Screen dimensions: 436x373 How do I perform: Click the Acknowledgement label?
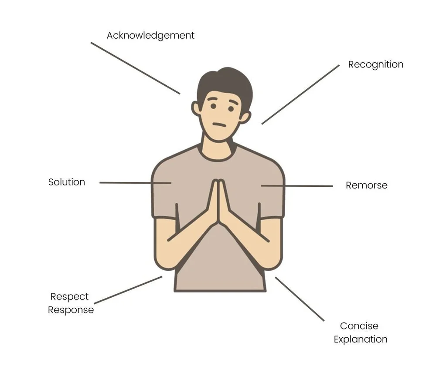click(x=150, y=35)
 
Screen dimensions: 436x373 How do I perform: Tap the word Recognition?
click(x=375, y=64)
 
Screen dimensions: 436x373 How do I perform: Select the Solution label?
click(x=67, y=182)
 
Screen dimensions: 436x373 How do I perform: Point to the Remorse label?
click(x=366, y=185)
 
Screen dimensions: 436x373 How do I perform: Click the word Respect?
click(x=69, y=296)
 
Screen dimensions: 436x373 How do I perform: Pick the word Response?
click(x=71, y=310)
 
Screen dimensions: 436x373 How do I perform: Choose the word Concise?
click(x=359, y=326)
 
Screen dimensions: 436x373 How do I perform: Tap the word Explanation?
click(x=361, y=339)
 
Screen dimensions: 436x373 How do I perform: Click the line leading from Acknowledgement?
click(x=135, y=68)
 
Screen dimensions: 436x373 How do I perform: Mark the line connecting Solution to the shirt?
click(x=135, y=183)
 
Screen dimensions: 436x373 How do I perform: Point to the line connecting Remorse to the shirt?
click(x=297, y=186)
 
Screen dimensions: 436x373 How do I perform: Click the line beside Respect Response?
click(x=128, y=290)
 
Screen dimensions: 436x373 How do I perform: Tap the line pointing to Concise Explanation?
click(x=300, y=299)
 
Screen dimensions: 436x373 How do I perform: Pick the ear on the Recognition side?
click(x=245, y=117)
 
